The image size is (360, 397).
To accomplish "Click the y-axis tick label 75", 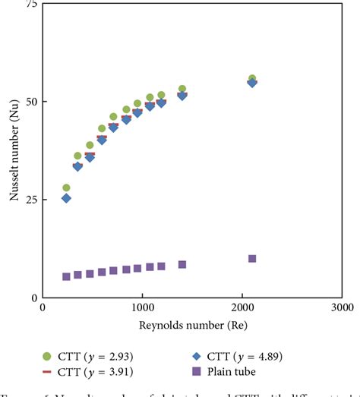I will pyautogui.click(x=31, y=5).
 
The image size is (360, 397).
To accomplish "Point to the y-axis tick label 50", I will pyautogui.click(x=31, y=102).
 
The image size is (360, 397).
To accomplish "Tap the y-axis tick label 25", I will pyautogui.click(x=31, y=200).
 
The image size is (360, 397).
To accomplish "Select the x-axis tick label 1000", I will pyautogui.click(x=142, y=308).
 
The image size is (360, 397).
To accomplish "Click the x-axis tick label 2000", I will pyautogui.click(x=242, y=308).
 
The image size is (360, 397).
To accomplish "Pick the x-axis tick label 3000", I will pyautogui.click(x=342, y=308).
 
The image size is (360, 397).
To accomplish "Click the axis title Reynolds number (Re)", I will pyautogui.click(x=192, y=326).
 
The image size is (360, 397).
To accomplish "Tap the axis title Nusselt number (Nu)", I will pyautogui.click(x=14, y=152).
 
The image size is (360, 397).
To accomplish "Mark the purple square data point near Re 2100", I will pyautogui.click(x=252, y=259).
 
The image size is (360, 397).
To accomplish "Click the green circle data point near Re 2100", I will pyautogui.click(x=252, y=79).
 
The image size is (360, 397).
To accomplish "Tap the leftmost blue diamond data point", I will pyautogui.click(x=66, y=198).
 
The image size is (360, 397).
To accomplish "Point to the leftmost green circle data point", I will pyautogui.click(x=66, y=187).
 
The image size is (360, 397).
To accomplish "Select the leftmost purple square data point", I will pyautogui.click(x=66, y=276).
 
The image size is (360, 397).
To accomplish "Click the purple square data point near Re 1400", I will pyautogui.click(x=182, y=264).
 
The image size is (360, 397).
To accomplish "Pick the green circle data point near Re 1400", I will pyautogui.click(x=182, y=89).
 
